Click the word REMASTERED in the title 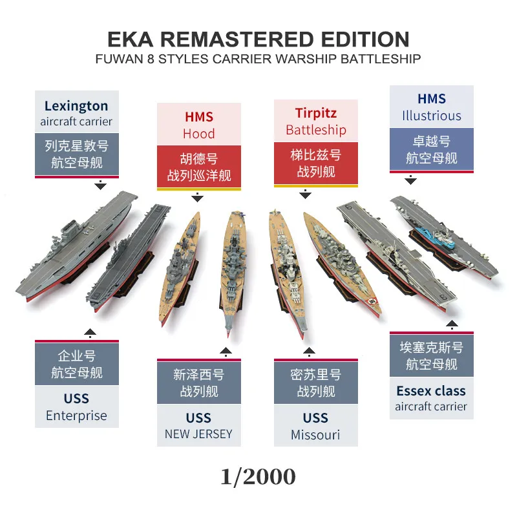tap(237, 39)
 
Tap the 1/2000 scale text tap(258, 476)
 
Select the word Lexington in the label tap(76, 107)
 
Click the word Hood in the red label tap(199, 134)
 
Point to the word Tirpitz tap(316, 113)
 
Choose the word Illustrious tap(432, 116)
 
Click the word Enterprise tap(76, 416)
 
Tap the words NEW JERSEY tap(198, 434)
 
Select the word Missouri tap(315, 435)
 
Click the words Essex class tap(431, 391)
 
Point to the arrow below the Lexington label tap(100, 185)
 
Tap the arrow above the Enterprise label tap(90, 333)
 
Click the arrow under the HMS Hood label tap(197, 197)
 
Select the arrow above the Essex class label tap(452, 325)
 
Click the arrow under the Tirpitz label tap(305, 195)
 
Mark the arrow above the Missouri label tap(309, 352)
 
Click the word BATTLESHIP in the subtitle tap(381, 59)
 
